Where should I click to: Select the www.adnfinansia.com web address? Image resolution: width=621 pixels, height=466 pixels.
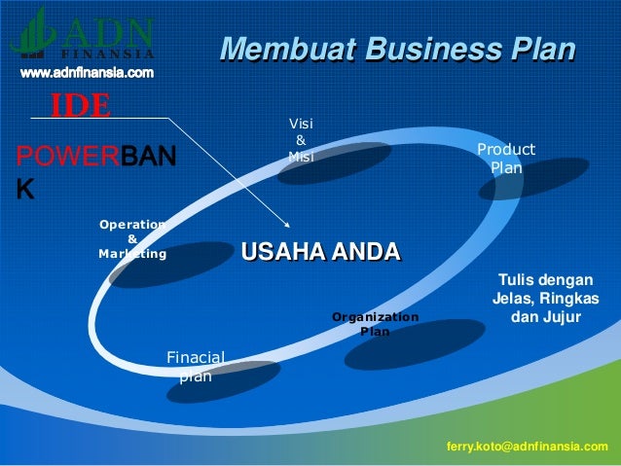pyautogui.click(x=87, y=73)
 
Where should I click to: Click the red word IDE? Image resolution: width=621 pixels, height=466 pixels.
pyautogui.click(x=81, y=104)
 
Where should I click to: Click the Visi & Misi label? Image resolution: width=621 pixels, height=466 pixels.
pyautogui.click(x=300, y=140)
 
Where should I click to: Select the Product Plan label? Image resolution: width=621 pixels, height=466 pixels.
pyautogui.click(x=505, y=159)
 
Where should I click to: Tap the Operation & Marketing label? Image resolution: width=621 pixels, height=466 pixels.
pyautogui.click(x=132, y=238)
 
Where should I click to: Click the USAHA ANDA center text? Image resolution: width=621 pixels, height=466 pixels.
pyautogui.click(x=320, y=253)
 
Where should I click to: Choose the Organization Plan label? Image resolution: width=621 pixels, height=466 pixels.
pyautogui.click(x=375, y=324)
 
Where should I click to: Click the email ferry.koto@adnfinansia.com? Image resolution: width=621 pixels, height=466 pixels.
pyautogui.click(x=527, y=446)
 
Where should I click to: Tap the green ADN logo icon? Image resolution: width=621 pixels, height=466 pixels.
pyautogui.click(x=35, y=31)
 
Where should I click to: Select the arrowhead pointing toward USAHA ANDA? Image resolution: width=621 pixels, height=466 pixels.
pyautogui.click(x=286, y=221)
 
